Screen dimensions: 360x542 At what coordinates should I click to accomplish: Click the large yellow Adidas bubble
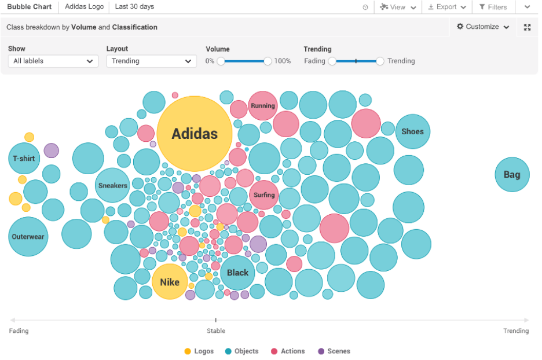195,134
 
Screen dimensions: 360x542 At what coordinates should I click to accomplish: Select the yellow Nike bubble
170,282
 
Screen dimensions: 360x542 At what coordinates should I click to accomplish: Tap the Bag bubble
512,174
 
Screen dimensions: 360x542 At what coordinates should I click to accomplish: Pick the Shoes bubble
412,131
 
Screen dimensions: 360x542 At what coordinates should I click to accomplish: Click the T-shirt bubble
24,158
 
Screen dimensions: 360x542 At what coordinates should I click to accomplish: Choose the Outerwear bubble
28,236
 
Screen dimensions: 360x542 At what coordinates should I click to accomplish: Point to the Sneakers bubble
112,185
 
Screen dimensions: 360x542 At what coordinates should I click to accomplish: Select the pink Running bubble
263,106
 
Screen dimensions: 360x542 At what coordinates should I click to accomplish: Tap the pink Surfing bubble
264,195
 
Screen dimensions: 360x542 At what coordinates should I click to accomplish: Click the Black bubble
237,273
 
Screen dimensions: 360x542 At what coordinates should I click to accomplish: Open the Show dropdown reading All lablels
53,61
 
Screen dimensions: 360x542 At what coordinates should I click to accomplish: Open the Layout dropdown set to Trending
151,61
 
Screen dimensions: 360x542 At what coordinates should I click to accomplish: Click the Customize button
483,27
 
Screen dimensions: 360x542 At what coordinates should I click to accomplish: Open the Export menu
446,7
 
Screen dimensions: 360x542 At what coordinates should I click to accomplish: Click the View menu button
398,7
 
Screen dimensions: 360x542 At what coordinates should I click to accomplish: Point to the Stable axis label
216,330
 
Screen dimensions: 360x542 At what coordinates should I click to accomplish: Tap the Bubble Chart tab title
29,7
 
